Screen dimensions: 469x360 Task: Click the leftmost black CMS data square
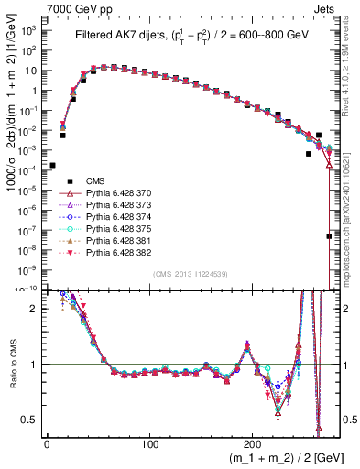tap(52, 166)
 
